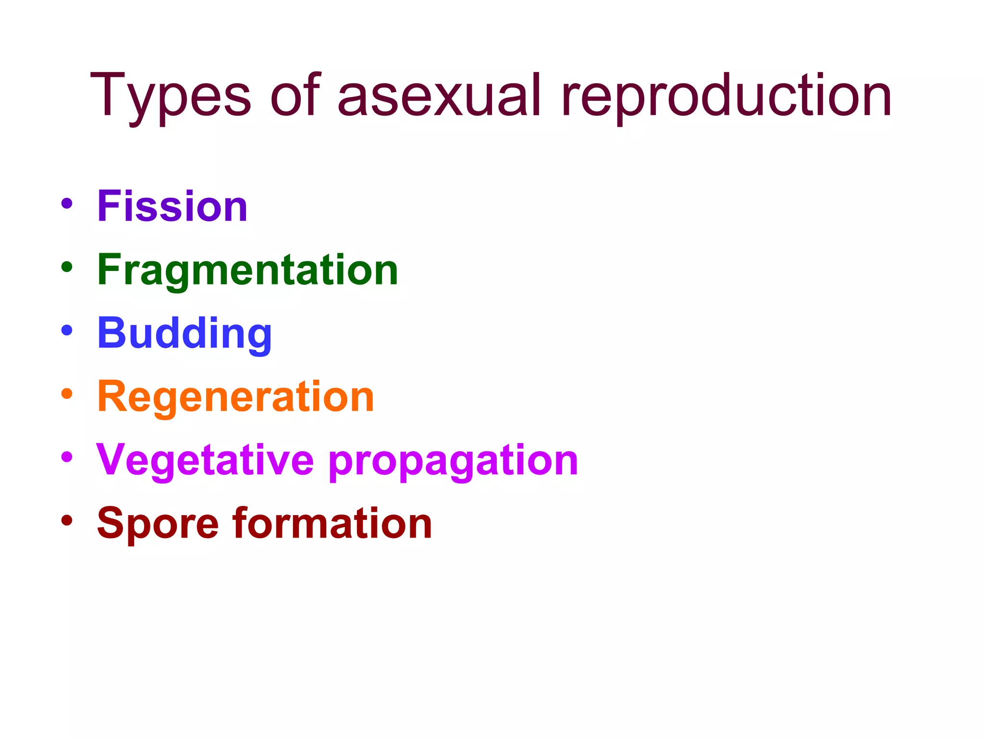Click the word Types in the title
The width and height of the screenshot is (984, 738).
coord(170,96)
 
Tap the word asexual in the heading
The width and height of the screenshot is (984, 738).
coord(439,96)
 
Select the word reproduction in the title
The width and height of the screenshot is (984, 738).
coord(726,96)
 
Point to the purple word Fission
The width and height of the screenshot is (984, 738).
coord(172,206)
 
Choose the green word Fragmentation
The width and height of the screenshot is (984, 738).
coord(247,270)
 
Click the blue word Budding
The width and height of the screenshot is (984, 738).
coord(184,333)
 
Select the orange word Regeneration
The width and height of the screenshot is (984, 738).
coord(235,397)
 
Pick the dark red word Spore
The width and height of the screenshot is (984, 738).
coord(158,524)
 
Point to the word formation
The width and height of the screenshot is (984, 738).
coord(332,524)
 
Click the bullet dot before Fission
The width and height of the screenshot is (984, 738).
coord(67,203)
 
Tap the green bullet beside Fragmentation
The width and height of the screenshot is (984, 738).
coord(67,267)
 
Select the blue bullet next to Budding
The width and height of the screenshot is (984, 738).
coord(67,330)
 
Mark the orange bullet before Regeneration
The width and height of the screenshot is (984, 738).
coord(67,394)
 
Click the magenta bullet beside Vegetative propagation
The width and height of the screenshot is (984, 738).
coord(67,457)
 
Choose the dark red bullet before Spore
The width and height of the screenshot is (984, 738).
coord(67,520)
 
